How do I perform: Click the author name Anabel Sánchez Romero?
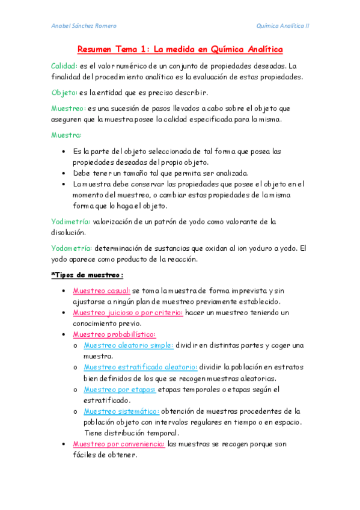[x=84, y=26]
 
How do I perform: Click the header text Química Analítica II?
[x=282, y=26]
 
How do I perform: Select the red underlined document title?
[x=180, y=49]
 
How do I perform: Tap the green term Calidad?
[x=64, y=66]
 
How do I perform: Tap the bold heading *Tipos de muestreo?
[x=87, y=275]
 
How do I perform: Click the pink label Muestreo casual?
[x=101, y=290]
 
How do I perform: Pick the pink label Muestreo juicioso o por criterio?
[x=127, y=313]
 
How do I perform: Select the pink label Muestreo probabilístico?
[x=114, y=334]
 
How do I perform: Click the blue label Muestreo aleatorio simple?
[x=129, y=345]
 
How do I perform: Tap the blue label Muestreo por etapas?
[x=120, y=389]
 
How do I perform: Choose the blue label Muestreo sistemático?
[x=121, y=411]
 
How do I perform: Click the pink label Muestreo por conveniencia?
[x=119, y=444]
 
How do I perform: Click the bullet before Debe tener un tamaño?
[x=64, y=173]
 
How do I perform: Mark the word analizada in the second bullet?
[x=228, y=173]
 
